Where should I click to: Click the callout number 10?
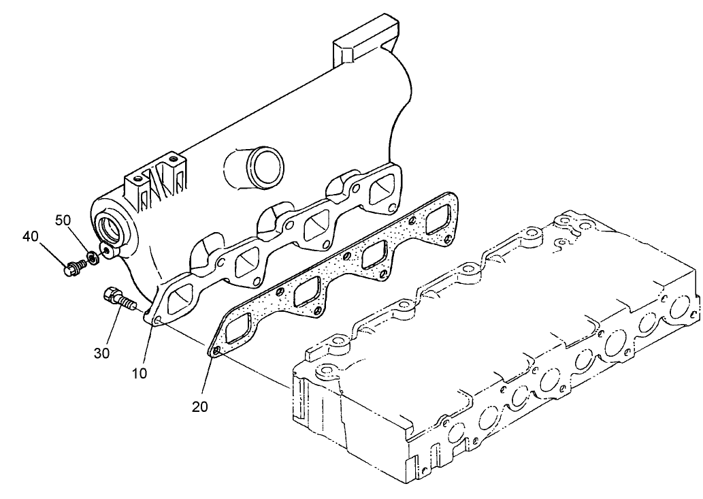(x=140, y=373)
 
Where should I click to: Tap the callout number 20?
(x=199, y=406)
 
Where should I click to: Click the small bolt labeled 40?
(x=70, y=269)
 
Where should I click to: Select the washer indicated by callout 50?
(x=88, y=259)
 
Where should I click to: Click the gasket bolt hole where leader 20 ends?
(x=216, y=351)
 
